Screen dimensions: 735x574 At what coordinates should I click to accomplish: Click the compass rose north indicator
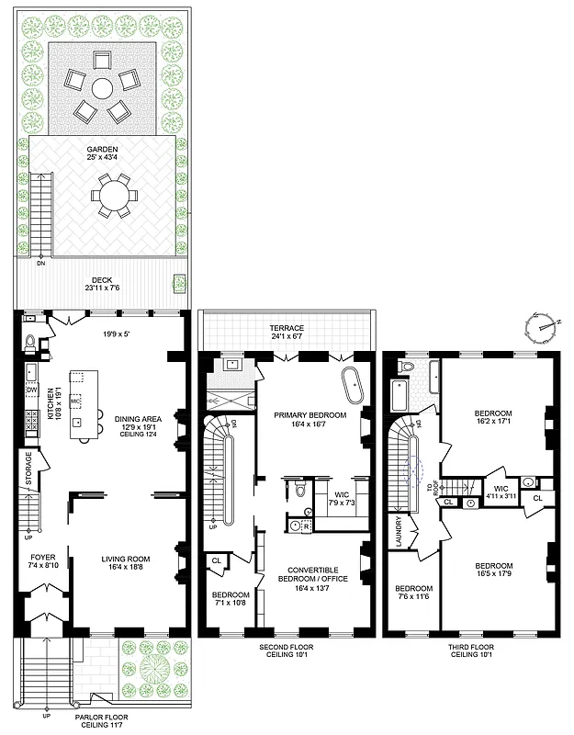(543, 323)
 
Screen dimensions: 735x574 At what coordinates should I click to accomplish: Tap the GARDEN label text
(102, 150)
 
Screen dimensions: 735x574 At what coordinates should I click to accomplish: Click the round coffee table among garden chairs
(102, 89)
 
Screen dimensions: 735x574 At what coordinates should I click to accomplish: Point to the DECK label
(102, 281)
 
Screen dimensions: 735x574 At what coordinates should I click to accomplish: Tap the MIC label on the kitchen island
(75, 401)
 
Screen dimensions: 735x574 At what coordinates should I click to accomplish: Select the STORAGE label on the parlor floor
(28, 469)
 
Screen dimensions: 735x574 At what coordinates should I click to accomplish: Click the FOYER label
(42, 557)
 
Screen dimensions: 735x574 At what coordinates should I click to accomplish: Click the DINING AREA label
(138, 419)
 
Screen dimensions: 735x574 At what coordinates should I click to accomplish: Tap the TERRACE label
(287, 328)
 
